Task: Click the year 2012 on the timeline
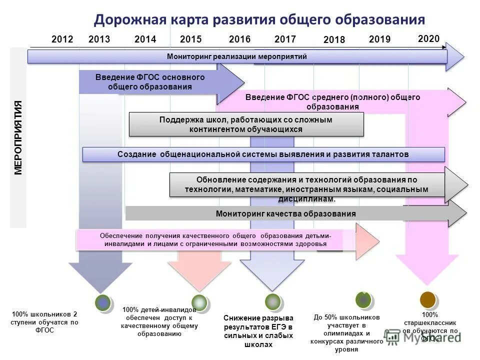62,39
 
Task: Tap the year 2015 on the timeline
190,39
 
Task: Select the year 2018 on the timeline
334,40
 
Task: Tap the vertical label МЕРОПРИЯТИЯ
18,137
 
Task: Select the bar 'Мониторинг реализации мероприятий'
237,56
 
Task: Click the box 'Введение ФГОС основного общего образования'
150,82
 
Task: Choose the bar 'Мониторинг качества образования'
285,213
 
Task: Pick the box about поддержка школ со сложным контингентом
246,124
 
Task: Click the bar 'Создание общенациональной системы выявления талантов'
263,154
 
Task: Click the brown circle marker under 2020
427,299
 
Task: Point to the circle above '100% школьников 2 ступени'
103,302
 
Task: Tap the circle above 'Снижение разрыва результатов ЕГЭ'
272,301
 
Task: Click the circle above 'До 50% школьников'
363,299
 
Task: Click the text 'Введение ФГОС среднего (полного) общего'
333,97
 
